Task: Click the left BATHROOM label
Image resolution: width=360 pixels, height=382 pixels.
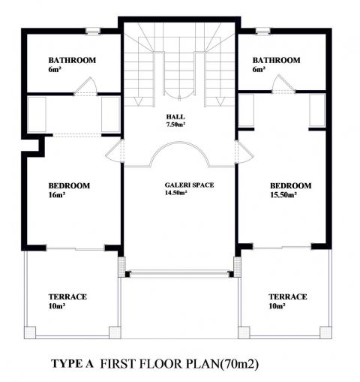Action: point(72,60)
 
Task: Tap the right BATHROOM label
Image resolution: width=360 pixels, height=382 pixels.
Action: point(276,60)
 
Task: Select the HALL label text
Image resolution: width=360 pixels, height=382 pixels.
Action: point(175,116)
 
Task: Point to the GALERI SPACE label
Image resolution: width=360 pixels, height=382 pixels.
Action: point(189,185)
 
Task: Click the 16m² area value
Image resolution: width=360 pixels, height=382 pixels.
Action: point(57,195)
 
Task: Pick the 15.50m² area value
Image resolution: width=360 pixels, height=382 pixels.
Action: point(283,195)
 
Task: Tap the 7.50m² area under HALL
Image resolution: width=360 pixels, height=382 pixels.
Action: point(175,125)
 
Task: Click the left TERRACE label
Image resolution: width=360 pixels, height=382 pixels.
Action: point(67,296)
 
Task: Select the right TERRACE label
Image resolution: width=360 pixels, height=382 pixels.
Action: point(288,296)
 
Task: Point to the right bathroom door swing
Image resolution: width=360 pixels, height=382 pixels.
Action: point(283,84)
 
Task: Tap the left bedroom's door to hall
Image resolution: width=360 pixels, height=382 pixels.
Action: point(115,152)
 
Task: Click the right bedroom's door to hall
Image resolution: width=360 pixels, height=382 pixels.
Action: point(244,152)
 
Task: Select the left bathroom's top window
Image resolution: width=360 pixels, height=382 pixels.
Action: point(93,32)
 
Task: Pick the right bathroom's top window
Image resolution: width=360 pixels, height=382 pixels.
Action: point(263,32)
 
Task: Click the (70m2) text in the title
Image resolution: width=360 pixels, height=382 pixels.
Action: point(238,364)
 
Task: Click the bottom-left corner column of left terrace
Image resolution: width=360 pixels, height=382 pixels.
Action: point(30,332)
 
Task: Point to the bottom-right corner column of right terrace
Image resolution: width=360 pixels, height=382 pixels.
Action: point(325,332)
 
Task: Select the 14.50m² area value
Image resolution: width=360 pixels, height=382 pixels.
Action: point(176,193)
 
